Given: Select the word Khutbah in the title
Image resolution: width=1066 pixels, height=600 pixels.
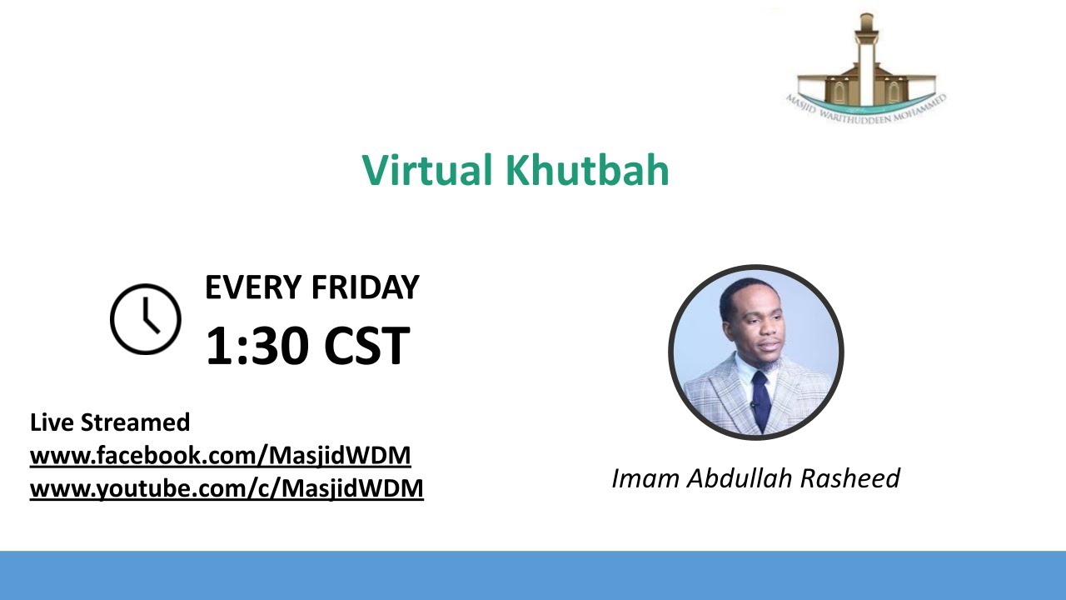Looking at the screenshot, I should coord(587,170).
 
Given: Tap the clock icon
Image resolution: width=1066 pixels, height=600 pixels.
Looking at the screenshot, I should coord(146,319).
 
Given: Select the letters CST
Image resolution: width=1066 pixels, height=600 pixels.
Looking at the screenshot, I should coord(366,346).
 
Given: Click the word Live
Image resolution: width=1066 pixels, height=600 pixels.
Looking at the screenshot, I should coord(52,422).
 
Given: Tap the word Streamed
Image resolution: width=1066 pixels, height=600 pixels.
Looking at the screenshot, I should coord(135,422).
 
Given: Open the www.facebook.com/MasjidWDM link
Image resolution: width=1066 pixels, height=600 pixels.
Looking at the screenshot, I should coord(221,456).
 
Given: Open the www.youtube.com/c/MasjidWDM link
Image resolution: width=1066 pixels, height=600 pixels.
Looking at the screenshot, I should coord(227,488).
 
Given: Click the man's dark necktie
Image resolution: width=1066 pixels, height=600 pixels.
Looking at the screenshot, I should coord(760,400).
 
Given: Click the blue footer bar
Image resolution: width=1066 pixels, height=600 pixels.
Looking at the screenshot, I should coord(533,575).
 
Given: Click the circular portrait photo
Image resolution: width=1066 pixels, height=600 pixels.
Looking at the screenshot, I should coord(756,352).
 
